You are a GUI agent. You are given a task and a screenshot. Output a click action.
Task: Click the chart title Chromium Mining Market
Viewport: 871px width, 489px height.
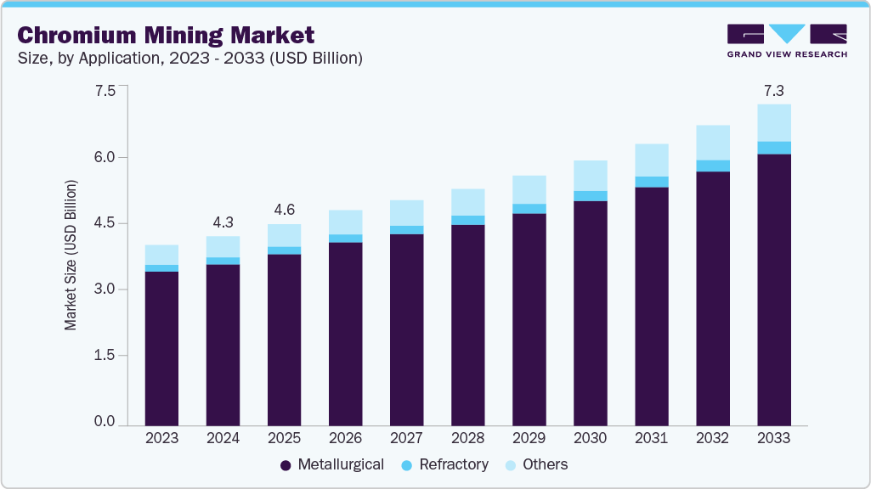click(x=166, y=35)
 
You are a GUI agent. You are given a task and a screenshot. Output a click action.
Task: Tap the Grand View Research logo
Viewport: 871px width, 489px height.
click(x=786, y=40)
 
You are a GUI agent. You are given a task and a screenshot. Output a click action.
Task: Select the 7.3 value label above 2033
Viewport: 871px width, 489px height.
click(x=774, y=89)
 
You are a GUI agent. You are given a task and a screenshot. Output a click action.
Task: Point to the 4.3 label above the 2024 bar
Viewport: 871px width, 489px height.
click(x=223, y=222)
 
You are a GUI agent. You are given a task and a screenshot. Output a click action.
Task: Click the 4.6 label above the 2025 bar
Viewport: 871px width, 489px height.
click(x=284, y=209)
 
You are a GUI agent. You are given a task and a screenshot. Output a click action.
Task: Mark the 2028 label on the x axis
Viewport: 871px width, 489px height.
click(x=467, y=438)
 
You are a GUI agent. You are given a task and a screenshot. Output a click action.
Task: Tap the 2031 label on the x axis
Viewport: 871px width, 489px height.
click(x=652, y=438)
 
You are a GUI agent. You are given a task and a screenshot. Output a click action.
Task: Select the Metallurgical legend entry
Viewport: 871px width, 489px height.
click(x=332, y=464)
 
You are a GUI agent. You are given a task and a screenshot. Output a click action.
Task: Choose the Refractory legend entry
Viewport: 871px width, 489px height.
click(x=446, y=464)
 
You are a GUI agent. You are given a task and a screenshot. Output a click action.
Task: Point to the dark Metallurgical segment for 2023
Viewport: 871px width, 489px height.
click(x=161, y=348)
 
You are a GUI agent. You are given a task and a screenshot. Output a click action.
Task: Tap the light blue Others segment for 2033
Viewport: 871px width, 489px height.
click(x=774, y=123)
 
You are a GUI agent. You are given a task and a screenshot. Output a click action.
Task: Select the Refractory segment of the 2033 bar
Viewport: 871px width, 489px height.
click(x=774, y=148)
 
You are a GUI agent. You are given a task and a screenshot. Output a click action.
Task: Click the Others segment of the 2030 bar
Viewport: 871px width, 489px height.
click(x=590, y=176)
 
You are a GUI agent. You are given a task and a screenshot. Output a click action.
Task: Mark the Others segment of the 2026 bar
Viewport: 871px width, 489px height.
click(x=345, y=222)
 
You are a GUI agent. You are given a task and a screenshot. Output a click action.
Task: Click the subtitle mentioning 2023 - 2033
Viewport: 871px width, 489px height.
click(x=190, y=58)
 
